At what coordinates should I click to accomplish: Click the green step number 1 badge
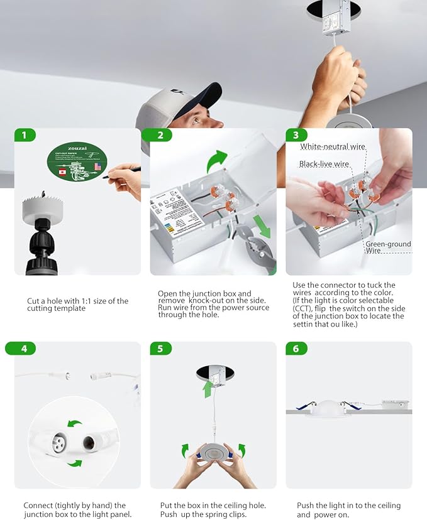[x=25, y=135]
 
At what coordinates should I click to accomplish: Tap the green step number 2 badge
[x=160, y=135]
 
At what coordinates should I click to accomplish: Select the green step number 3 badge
[x=296, y=135]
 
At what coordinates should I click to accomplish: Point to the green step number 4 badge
[x=25, y=348]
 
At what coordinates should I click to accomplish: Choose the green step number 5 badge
[x=160, y=348]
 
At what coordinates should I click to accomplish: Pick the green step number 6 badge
[x=296, y=348]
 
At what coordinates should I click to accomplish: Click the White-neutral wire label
[x=333, y=147]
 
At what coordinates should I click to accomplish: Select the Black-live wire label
[x=324, y=164]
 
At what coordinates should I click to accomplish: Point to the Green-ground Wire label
[x=388, y=247]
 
